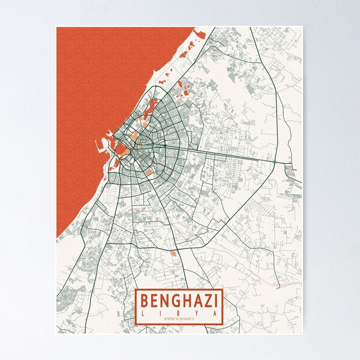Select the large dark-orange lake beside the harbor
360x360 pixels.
tap(120, 149)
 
